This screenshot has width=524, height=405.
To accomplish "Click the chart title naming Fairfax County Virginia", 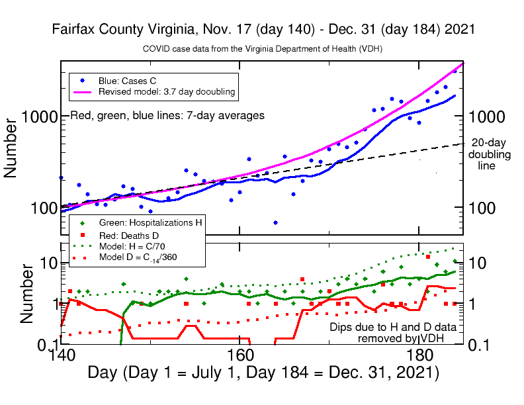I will point(263,30).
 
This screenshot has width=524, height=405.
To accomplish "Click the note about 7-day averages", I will point(167,115).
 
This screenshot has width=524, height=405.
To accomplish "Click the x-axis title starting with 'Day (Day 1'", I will point(263,373).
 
